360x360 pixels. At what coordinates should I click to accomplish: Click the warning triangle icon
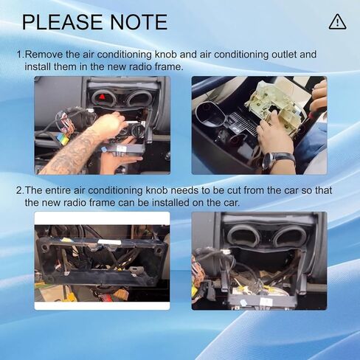click(337, 22)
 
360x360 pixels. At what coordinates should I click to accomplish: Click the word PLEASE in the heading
click(63, 22)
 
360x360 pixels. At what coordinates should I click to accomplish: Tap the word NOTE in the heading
click(139, 22)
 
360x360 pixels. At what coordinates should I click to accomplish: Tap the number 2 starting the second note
click(19, 190)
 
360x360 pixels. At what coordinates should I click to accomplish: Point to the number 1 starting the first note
click(20, 55)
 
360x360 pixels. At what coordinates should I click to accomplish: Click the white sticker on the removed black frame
click(110, 242)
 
